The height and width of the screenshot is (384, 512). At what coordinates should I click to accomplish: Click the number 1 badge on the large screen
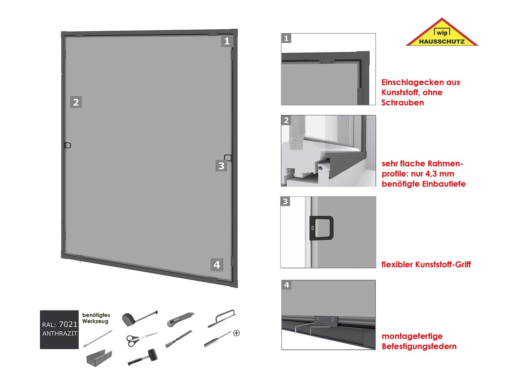227,42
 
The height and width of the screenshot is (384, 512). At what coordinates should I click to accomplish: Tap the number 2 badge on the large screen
76,102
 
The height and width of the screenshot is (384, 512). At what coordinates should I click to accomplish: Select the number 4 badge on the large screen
217,265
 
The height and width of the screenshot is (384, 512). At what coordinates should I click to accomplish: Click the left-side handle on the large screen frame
68,145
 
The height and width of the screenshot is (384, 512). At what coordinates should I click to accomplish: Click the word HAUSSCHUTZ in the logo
441,42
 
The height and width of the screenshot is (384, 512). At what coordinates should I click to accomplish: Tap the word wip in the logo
442,33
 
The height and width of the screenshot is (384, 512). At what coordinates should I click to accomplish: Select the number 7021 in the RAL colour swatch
68,324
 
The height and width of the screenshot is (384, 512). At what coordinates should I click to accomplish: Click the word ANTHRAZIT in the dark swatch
60,333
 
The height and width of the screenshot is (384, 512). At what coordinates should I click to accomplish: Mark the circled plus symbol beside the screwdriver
236,333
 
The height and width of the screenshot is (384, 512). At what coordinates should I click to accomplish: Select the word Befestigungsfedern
419,346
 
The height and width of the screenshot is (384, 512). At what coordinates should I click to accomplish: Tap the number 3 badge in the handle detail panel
286,201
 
